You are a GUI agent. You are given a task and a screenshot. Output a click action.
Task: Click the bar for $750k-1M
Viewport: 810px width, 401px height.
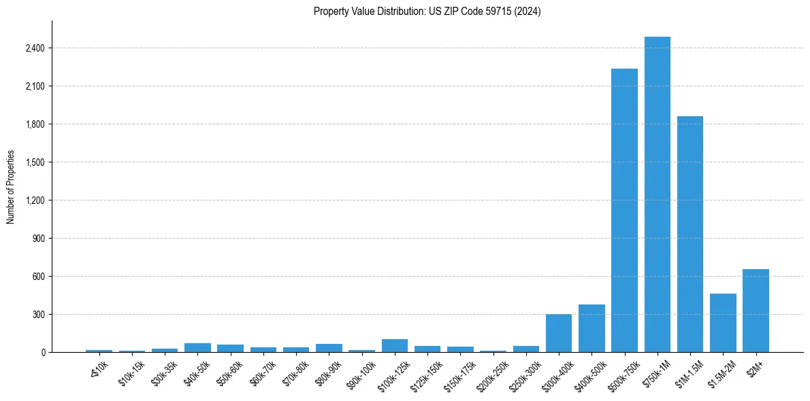pyautogui.click(x=658, y=194)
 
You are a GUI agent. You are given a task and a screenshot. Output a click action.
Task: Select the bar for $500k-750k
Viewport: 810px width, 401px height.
pyautogui.click(x=624, y=211)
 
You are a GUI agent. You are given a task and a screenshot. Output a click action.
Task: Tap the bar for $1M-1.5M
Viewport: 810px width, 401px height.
pyautogui.click(x=690, y=234)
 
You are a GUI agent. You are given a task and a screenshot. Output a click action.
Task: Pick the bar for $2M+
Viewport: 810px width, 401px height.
pyautogui.click(x=756, y=311)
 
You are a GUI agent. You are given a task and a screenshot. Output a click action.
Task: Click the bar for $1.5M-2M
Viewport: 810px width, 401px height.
pyautogui.click(x=723, y=323)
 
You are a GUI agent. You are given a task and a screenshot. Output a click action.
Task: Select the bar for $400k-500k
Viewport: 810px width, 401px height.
pyautogui.click(x=592, y=328)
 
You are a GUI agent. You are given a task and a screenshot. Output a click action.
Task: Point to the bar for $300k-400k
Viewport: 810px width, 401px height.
pyautogui.click(x=559, y=333)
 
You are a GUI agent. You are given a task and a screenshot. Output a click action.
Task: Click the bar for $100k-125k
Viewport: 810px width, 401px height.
pyautogui.click(x=395, y=345)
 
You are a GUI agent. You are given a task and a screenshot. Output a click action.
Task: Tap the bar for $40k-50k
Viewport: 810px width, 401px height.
pyautogui.click(x=197, y=347)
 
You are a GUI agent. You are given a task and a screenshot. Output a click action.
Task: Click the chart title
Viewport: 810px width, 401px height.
pyautogui.click(x=427, y=12)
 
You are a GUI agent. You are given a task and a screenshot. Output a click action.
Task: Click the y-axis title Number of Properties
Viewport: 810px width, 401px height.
pyautogui.click(x=11, y=187)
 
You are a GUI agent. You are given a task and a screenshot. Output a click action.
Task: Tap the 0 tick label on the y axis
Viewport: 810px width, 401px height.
pyautogui.click(x=43, y=353)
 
